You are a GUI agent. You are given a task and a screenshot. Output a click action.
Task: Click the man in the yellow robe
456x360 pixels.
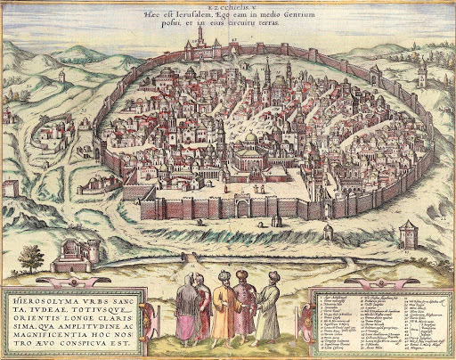click(223, 311)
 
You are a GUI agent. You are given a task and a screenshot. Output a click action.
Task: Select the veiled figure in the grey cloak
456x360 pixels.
click(188, 309)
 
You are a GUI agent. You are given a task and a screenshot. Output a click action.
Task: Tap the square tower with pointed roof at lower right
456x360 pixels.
click(408, 234)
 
